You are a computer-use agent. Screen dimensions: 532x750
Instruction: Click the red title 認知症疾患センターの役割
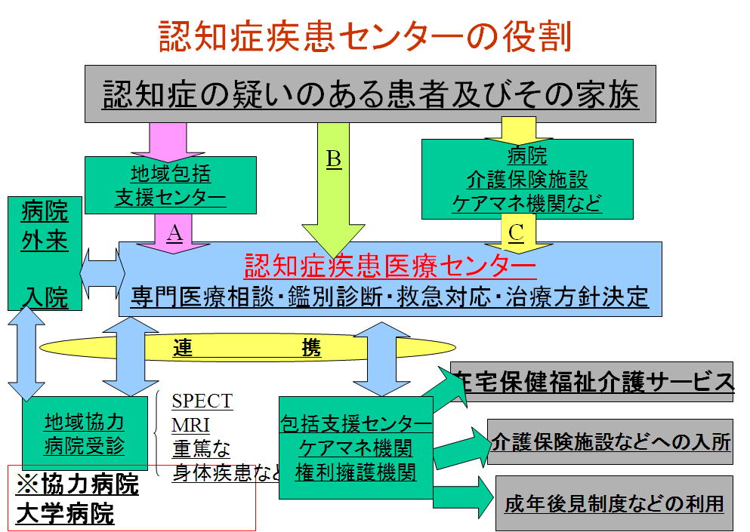pos(365,36)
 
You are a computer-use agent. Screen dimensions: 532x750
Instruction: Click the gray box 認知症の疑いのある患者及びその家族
pos(370,94)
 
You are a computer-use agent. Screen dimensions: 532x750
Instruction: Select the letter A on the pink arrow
pos(174,234)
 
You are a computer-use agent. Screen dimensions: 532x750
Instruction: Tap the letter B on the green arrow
pos(333,159)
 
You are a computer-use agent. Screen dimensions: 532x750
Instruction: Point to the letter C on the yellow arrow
pos(516,233)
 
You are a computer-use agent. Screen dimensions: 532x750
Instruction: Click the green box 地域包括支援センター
pos(171,186)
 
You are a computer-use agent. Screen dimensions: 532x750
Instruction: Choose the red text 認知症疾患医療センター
pos(390,266)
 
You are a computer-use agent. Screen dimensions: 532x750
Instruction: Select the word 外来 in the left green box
pos(45,241)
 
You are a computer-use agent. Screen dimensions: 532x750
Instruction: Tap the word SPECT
pos(202,400)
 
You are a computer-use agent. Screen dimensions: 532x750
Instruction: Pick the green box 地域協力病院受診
pos(84,433)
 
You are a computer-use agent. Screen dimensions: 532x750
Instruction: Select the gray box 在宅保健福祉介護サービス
pos(592,381)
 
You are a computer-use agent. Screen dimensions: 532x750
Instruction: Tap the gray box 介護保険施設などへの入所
pos(610,441)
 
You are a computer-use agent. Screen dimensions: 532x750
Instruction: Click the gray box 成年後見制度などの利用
pos(614,503)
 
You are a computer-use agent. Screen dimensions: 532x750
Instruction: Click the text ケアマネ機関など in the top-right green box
pos(527,203)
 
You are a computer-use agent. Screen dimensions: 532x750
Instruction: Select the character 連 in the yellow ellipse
pos(184,348)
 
